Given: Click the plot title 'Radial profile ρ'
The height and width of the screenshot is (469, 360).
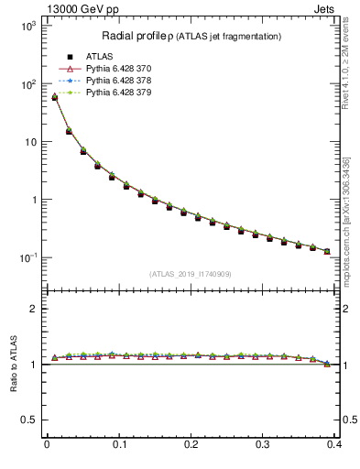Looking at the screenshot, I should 138,36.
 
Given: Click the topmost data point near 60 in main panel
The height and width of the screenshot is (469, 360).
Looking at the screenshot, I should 54,96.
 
